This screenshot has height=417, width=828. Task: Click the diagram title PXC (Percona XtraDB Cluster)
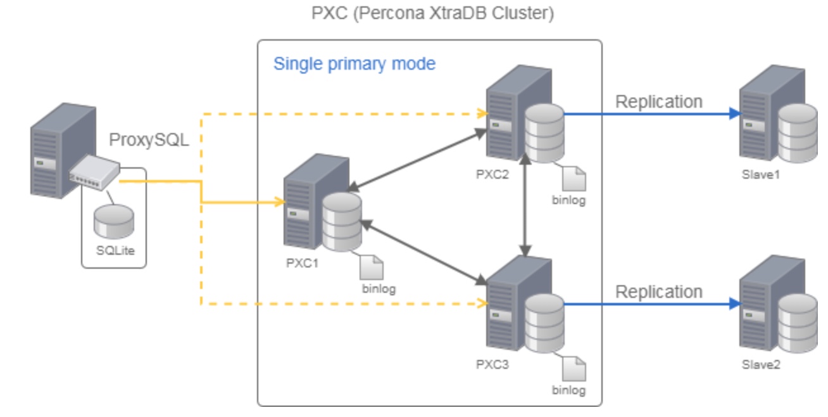433,14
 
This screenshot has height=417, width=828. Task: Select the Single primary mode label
354,64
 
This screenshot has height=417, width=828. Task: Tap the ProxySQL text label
149,140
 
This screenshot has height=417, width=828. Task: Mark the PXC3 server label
492,365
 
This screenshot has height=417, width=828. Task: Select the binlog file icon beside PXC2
574,179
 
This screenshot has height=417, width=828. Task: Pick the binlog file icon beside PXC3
574,369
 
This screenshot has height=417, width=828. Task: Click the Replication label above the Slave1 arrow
659,101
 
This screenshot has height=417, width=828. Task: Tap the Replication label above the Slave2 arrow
659,292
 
